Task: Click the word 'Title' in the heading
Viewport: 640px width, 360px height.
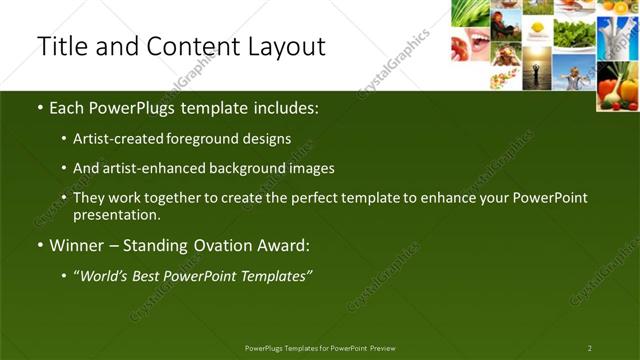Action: click(x=59, y=46)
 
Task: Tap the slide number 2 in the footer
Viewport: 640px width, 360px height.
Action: click(x=590, y=348)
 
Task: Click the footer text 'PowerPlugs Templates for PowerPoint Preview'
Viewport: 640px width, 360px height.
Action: click(x=320, y=348)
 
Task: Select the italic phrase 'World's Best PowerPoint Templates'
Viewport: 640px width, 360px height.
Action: click(x=193, y=274)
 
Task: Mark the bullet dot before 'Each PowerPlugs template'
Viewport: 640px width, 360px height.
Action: click(x=39, y=106)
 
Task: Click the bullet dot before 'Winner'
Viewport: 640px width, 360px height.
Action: click(x=39, y=246)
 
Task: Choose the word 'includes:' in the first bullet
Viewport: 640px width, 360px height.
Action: click(x=287, y=105)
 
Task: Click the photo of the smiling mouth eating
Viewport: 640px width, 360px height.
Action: click(x=472, y=42)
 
